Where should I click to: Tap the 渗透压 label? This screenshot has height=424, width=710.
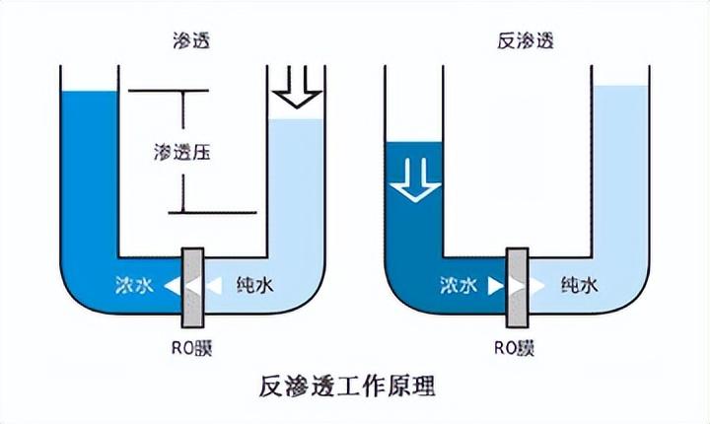[184, 153]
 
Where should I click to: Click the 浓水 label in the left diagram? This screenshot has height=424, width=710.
[134, 286]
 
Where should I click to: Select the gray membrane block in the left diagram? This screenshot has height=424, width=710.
[191, 287]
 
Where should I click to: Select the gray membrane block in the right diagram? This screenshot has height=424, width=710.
[517, 287]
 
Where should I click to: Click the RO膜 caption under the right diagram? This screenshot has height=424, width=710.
[516, 346]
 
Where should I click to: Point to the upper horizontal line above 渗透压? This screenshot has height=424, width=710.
[168, 91]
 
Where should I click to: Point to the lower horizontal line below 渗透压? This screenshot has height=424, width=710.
[211, 212]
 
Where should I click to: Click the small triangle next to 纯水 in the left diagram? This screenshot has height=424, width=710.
[212, 287]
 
